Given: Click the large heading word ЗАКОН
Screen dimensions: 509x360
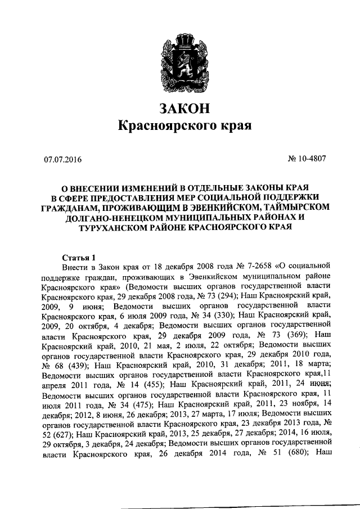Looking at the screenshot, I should [180, 107].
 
